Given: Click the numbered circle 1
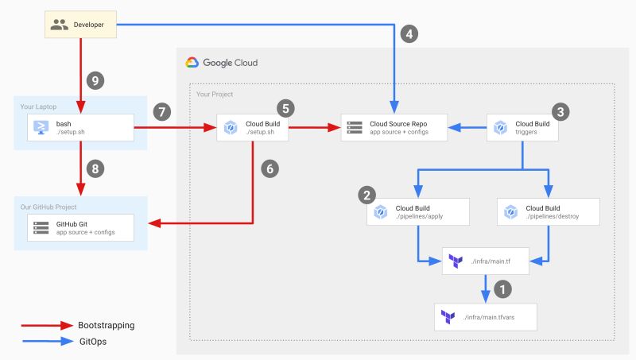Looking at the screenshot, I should [501, 288].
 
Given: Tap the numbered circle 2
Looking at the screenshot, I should [366, 194].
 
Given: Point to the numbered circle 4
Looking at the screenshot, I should [409, 34].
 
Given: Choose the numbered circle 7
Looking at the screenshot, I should [162, 111].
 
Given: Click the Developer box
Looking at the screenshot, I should [79, 25].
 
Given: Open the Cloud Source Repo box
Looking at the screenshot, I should [394, 127].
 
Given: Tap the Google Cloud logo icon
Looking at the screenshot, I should [192, 63].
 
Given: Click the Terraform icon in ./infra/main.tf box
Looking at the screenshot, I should [456, 261].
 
